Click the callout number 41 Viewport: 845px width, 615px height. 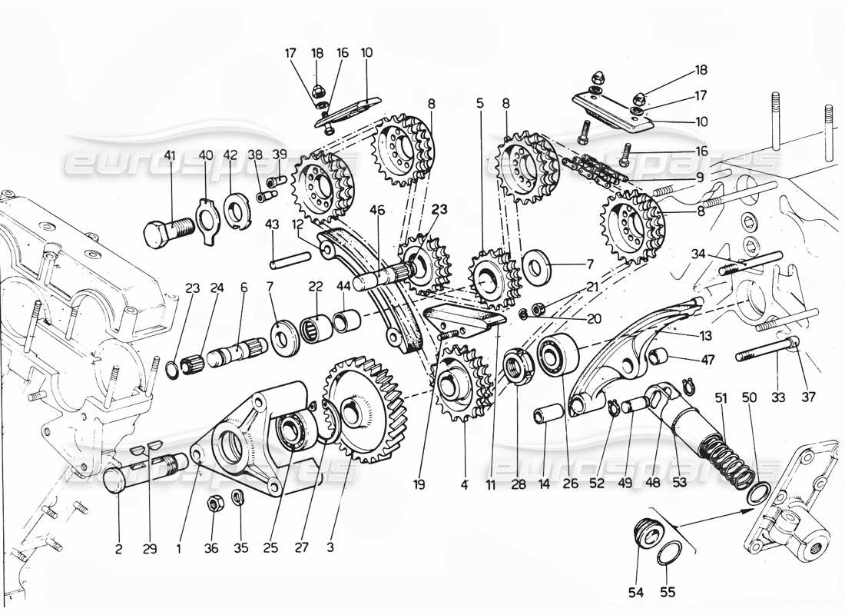pos(170,155)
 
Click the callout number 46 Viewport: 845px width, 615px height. pos(376,209)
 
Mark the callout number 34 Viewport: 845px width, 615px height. pos(697,253)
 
